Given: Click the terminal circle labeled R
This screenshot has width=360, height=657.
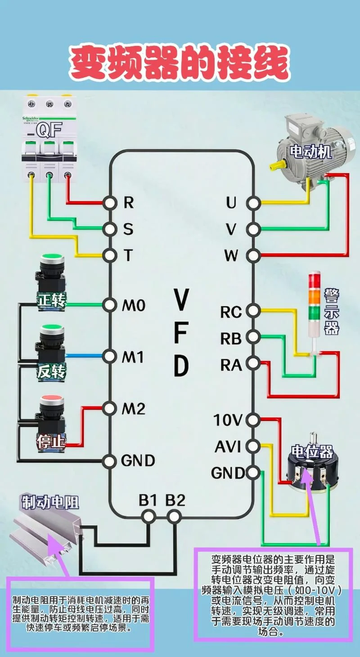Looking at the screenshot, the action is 110,203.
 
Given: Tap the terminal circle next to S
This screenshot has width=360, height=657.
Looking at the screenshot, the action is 110,228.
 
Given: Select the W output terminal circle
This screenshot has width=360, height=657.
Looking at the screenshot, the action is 253,255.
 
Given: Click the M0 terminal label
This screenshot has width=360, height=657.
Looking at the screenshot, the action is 134,305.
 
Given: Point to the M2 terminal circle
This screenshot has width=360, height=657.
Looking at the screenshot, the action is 109,408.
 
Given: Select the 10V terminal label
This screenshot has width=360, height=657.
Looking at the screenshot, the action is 228,420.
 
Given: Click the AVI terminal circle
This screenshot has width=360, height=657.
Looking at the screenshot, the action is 253,446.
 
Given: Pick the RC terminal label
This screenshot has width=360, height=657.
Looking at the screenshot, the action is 231,313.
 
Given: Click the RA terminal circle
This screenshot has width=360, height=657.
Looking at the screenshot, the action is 253,363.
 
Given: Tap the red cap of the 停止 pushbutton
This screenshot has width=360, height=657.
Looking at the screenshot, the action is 52,399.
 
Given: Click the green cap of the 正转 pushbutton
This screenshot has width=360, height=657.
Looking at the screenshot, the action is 52,259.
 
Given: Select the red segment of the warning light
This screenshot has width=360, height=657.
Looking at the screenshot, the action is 314,277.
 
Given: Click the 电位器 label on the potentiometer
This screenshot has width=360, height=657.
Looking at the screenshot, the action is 312,452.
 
